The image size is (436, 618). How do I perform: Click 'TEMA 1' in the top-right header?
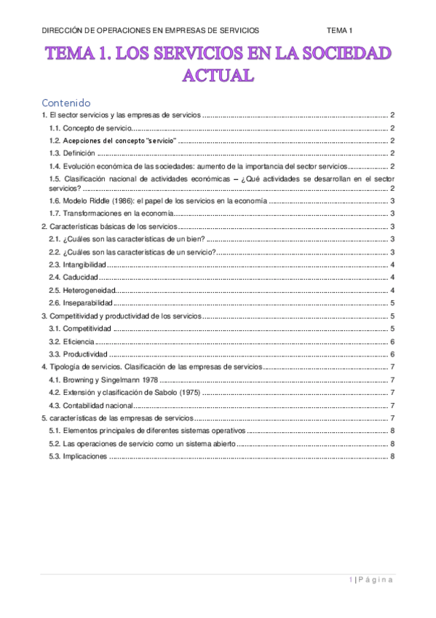339,30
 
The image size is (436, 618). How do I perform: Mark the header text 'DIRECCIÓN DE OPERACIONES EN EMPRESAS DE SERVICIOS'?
150,30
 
